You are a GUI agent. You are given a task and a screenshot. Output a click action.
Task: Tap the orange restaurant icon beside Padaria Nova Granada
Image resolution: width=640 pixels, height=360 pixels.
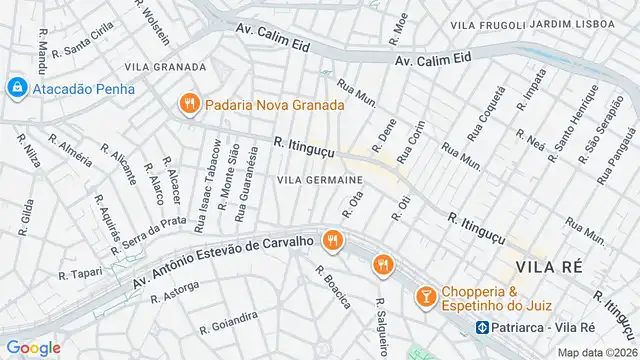187,103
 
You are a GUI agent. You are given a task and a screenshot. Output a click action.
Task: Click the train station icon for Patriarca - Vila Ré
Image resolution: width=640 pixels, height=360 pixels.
481,327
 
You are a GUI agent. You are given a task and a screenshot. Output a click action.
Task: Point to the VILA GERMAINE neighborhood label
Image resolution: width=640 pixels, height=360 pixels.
319,179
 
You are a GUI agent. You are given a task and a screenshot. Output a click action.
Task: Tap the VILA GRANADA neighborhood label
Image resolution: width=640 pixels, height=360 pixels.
166,67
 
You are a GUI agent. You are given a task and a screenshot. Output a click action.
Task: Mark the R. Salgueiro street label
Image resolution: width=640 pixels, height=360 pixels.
380,326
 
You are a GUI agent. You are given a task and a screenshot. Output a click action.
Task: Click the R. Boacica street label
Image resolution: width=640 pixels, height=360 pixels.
333,286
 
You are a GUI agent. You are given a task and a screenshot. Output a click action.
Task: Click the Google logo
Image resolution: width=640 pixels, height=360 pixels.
32,347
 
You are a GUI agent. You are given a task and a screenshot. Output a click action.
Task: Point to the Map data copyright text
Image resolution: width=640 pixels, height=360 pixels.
596,352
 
